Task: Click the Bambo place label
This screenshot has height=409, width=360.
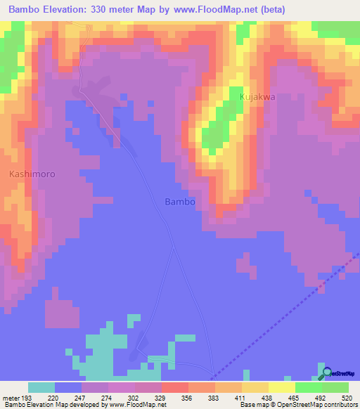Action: click(x=179, y=201)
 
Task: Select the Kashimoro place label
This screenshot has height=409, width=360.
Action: click(x=32, y=173)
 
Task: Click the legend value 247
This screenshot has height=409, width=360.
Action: click(x=82, y=397)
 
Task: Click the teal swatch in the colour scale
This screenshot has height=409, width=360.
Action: click(x=41, y=387)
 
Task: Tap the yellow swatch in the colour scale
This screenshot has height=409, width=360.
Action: click(x=282, y=387)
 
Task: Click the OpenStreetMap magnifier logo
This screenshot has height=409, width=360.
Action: click(x=326, y=374)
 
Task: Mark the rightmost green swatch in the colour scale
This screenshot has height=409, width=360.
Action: click(x=335, y=387)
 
